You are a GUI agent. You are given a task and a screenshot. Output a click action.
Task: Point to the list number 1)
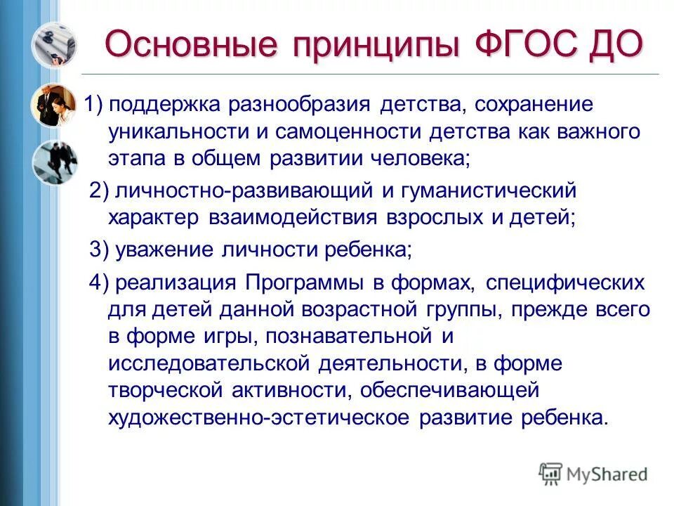pos(95,105)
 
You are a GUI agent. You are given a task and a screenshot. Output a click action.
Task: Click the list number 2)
pos(99,190)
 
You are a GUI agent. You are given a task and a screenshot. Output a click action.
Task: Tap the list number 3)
pos(99,249)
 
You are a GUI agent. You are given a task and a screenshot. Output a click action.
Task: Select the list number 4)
pos(99,283)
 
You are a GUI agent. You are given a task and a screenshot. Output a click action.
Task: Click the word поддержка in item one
pos(166,105)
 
